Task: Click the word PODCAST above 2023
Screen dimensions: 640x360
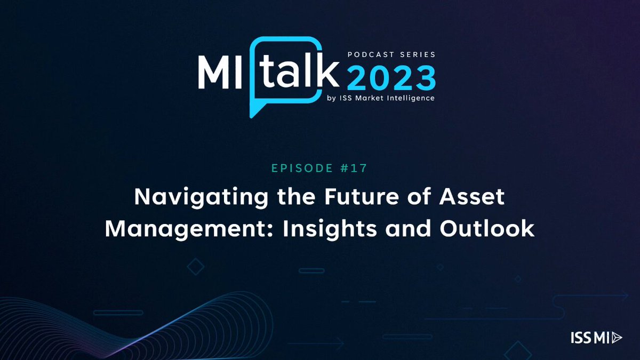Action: (x=371, y=54)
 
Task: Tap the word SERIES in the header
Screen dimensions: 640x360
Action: (x=418, y=54)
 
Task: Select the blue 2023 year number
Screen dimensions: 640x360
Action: (x=391, y=78)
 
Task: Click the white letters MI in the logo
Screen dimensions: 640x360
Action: (x=220, y=73)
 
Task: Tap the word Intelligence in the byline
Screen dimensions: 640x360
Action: (x=411, y=98)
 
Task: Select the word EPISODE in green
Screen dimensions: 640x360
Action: (x=302, y=168)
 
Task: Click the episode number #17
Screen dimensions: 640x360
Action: (x=354, y=168)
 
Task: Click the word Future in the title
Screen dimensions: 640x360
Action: (x=362, y=197)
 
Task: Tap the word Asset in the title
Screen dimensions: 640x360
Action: (x=471, y=197)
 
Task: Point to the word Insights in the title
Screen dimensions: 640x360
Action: (x=330, y=229)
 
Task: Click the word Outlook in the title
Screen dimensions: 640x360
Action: (x=487, y=228)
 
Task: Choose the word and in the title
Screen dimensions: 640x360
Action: (x=408, y=228)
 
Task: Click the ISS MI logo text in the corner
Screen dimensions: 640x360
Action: (x=590, y=338)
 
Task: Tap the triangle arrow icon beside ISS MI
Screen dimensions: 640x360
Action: (x=617, y=338)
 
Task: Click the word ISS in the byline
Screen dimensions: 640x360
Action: (x=346, y=98)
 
